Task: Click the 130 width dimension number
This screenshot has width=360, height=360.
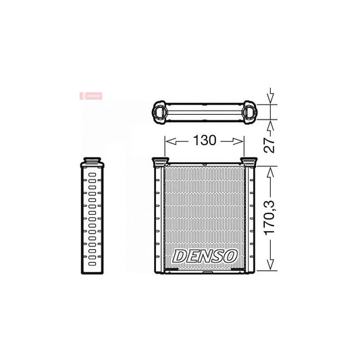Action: (x=203, y=141)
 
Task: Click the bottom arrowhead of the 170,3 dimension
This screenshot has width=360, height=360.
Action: (x=270, y=266)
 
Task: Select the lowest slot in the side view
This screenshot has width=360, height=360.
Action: (x=91, y=260)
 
